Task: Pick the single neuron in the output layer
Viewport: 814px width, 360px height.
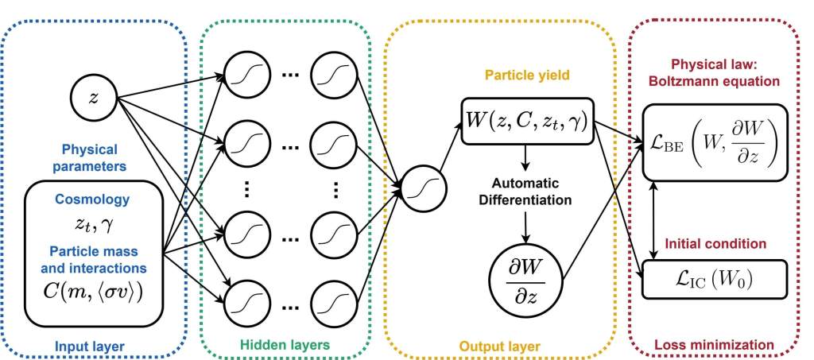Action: [x=420, y=188]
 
